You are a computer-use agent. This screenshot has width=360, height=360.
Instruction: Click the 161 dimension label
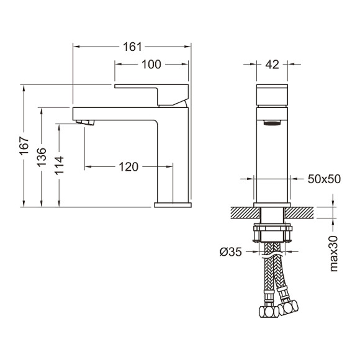[132, 47]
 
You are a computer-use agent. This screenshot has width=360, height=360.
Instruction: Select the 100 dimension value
[151, 64]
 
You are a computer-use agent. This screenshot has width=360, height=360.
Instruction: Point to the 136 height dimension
[42, 157]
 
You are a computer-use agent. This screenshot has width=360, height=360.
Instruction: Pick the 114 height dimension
[60, 166]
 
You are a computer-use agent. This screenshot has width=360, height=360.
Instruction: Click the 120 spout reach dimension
[128, 166]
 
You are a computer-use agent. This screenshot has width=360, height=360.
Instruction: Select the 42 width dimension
[272, 64]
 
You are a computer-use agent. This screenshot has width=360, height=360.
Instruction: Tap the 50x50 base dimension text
[324, 179]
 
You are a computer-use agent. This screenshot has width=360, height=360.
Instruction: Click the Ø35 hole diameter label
[230, 251]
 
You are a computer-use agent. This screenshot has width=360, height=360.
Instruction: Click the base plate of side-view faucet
[172, 203]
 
